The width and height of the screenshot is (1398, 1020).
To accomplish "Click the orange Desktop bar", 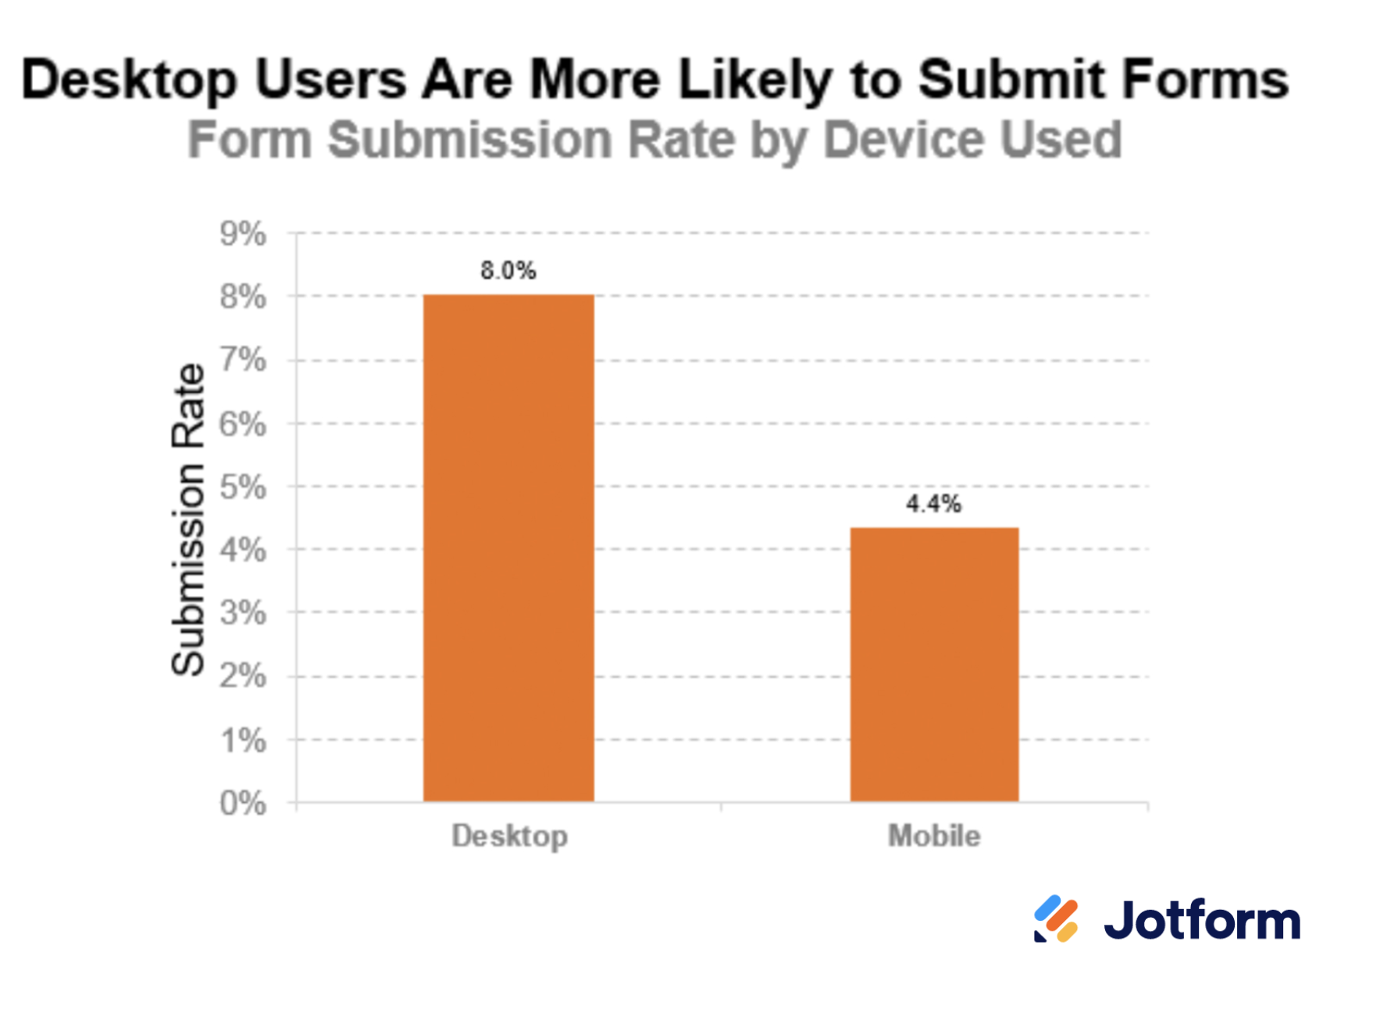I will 508,547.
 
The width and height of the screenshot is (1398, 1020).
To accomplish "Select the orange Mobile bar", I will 934,665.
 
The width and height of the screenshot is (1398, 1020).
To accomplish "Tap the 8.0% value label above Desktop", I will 508,271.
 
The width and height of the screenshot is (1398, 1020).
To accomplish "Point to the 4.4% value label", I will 934,505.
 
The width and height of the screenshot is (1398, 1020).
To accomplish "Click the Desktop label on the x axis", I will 510,836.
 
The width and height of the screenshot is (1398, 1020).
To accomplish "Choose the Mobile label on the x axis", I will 934,836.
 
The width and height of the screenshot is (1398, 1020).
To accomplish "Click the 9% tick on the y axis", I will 243,234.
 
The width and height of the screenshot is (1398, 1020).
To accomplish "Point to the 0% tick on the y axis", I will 243,804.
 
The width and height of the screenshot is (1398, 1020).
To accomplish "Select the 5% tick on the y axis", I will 243,487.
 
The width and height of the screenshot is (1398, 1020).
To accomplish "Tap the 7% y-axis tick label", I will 243,361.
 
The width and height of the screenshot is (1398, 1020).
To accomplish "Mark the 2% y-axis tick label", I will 243,676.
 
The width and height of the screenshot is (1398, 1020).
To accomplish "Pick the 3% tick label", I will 243,614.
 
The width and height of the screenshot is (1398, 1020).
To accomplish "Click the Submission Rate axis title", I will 188,519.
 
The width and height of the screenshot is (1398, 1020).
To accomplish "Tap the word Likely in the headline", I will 755,80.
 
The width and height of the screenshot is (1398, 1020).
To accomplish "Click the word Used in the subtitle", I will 1061,141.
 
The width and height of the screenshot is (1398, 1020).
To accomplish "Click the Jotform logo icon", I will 1056,919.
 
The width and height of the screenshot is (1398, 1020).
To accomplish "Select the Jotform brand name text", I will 1202,921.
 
